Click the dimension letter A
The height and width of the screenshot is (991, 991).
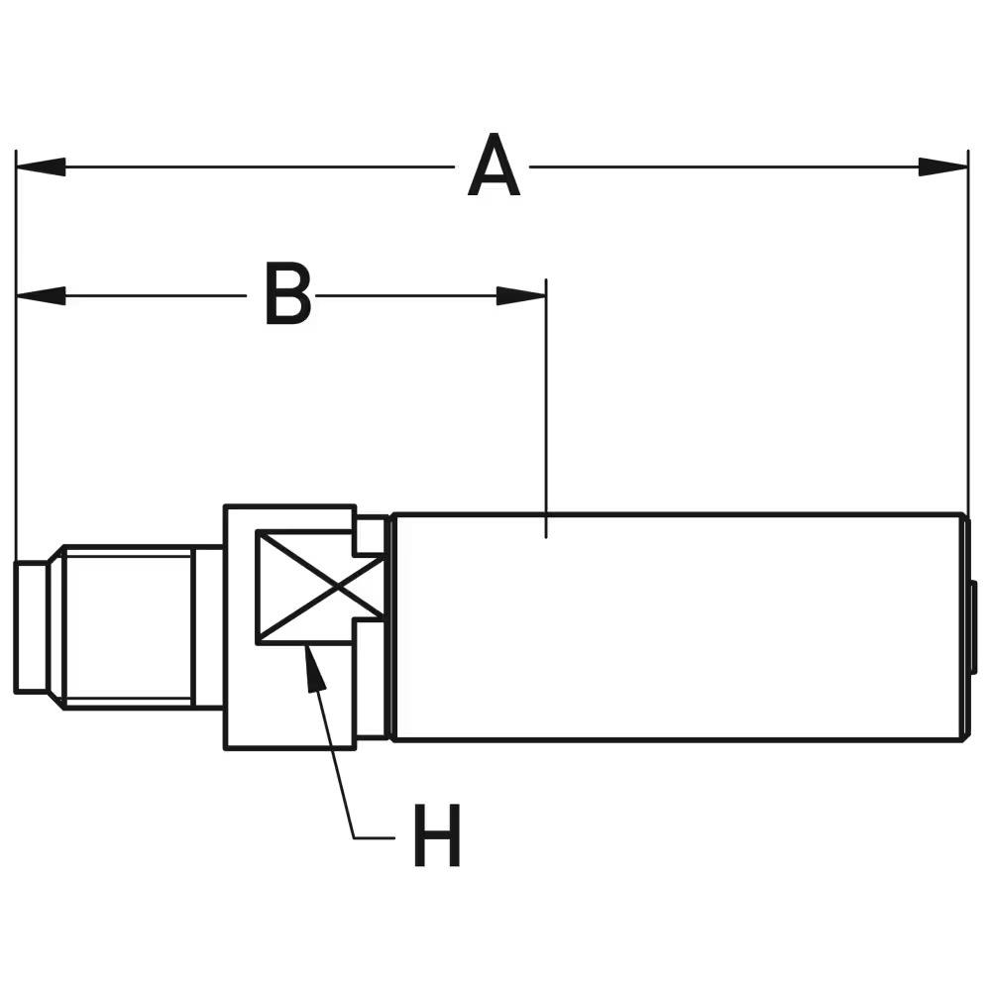pos(494,168)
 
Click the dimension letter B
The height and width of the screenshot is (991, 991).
pos(287,295)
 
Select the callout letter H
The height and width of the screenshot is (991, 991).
pos(437,837)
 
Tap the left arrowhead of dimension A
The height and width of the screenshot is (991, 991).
pos(40,166)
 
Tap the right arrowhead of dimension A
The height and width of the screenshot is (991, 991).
pos(943,166)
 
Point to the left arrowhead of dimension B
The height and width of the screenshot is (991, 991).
pos(40,295)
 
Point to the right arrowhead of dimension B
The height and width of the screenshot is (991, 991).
pos(521,295)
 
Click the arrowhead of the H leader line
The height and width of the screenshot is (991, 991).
pos(313,669)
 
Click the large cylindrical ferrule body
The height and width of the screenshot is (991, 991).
pos(679,627)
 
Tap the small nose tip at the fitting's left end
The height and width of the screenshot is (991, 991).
pos(31,627)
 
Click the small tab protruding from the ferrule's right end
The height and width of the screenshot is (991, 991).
pos(973,627)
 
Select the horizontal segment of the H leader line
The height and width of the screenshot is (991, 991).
pos(375,838)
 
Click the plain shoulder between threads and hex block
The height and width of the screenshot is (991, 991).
pos(208,627)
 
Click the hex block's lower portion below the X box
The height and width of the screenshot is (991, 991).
pos(289,699)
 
